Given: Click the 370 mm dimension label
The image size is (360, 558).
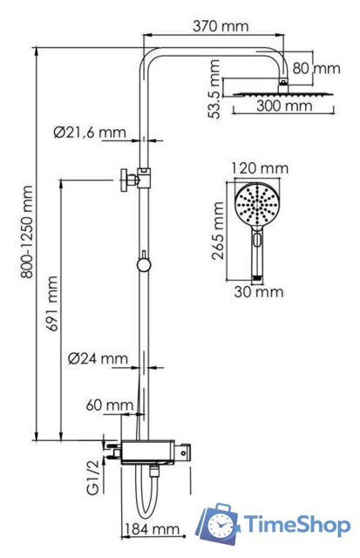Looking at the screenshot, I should tap(223, 26).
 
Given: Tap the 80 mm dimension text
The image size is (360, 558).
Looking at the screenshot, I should tap(316, 67).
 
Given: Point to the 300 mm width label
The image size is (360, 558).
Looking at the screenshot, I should tap(284, 106).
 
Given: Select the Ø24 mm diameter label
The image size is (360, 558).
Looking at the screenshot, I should tap(98, 358).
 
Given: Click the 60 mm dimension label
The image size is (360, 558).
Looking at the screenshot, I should tap(109, 405).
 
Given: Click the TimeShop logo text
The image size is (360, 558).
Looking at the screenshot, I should tap(297, 524).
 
